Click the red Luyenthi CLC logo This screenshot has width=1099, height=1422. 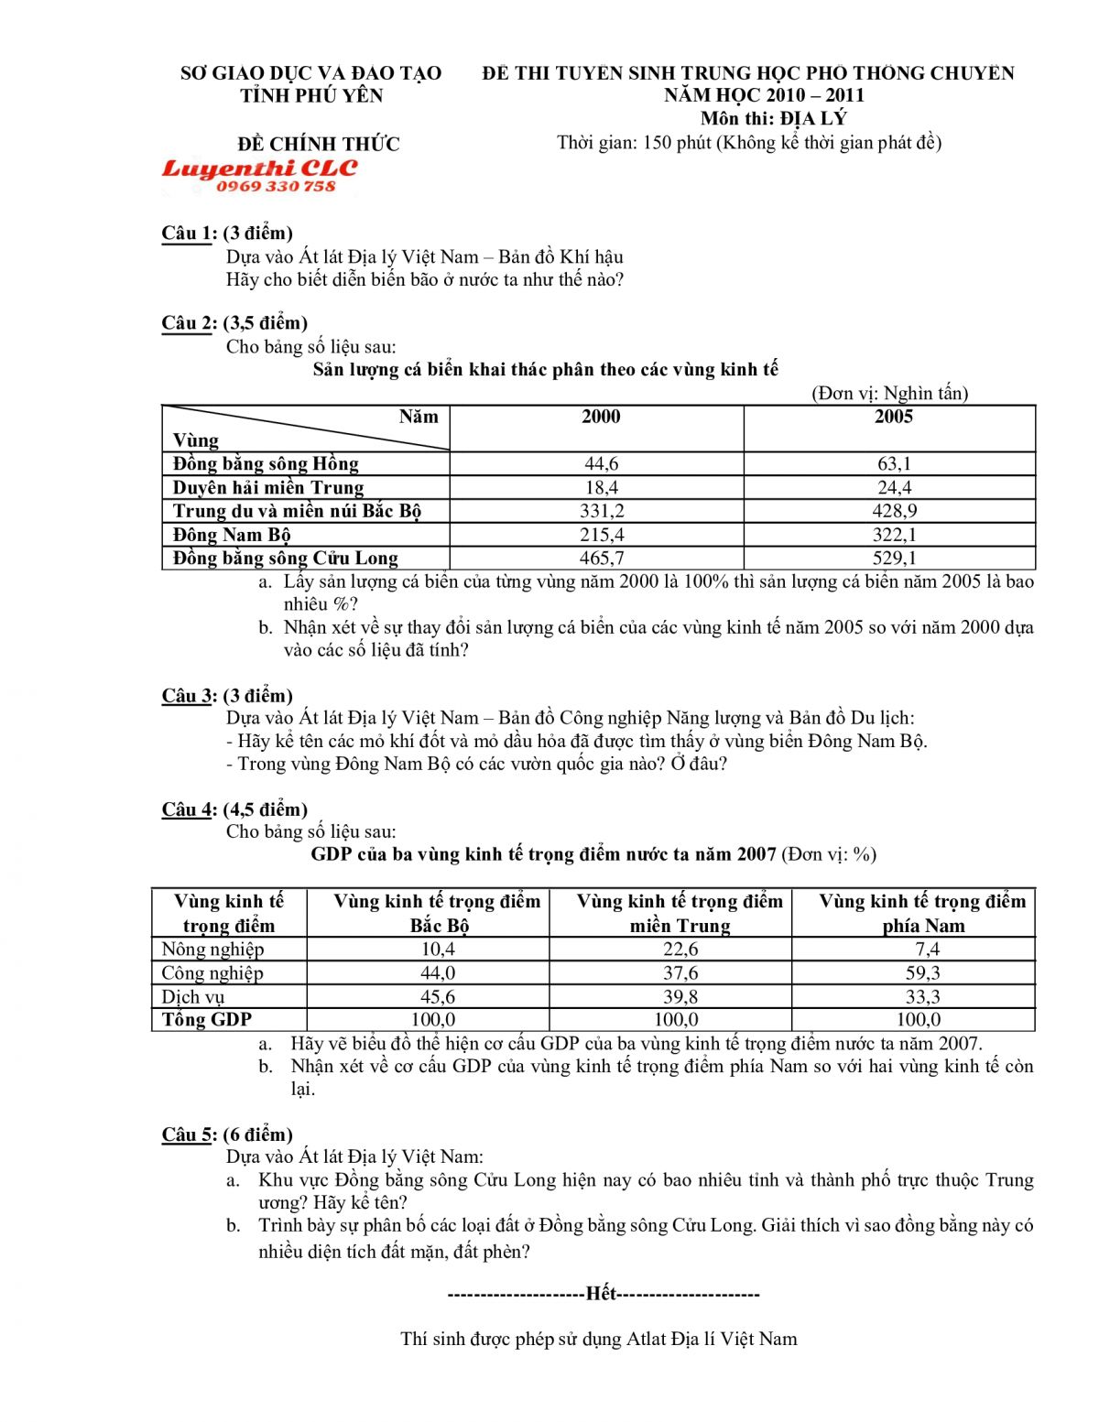click(x=259, y=168)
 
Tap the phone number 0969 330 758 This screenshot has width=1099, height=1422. click(x=276, y=187)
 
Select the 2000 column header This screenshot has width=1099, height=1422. click(x=601, y=418)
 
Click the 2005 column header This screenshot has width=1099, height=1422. click(x=894, y=418)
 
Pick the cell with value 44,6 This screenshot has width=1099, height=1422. click(x=601, y=464)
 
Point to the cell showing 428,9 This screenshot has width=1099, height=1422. click(x=894, y=511)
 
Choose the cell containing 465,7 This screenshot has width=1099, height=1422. click(x=601, y=558)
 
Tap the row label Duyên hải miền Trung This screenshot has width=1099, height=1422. click(x=268, y=487)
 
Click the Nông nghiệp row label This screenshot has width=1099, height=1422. click(x=212, y=950)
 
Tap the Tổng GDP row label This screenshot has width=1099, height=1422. click(x=207, y=1020)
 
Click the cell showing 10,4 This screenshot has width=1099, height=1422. click(x=438, y=950)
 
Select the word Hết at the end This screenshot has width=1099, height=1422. click(x=602, y=1294)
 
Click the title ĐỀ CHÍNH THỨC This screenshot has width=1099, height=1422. click(x=319, y=145)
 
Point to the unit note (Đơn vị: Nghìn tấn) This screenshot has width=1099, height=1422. click(x=889, y=394)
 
